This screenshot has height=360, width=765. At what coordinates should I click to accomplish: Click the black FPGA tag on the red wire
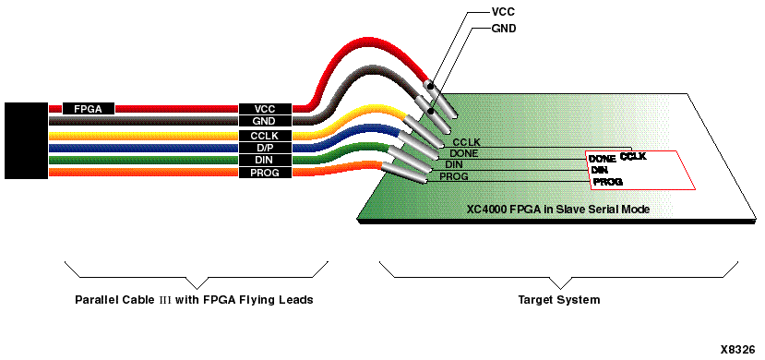coord(89,108)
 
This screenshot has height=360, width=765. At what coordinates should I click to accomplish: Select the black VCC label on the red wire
coord(264,108)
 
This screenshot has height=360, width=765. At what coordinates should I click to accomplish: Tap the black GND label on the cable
coord(264,121)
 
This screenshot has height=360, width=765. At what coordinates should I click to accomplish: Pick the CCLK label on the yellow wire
coord(264,135)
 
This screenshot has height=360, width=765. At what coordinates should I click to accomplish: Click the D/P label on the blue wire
coord(264,148)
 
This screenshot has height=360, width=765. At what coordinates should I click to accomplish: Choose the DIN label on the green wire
coord(264,160)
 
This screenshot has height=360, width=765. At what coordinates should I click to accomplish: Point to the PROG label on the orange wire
coord(264,173)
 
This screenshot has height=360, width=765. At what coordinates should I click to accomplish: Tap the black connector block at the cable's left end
coord(25,140)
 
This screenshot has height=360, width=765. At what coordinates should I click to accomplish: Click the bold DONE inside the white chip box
coord(602,159)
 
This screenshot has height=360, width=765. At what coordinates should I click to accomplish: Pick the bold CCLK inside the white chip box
coord(633,157)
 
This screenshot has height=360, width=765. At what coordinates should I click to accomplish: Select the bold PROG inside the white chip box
coord(607,182)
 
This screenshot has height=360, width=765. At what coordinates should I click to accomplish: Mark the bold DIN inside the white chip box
coord(599,170)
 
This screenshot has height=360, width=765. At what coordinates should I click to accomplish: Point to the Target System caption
coord(558,300)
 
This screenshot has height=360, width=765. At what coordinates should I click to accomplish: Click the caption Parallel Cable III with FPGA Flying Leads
coord(195,300)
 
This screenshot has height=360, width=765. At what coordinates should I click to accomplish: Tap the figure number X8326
coord(740,352)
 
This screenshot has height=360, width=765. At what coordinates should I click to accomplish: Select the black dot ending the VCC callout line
coord(430,87)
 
